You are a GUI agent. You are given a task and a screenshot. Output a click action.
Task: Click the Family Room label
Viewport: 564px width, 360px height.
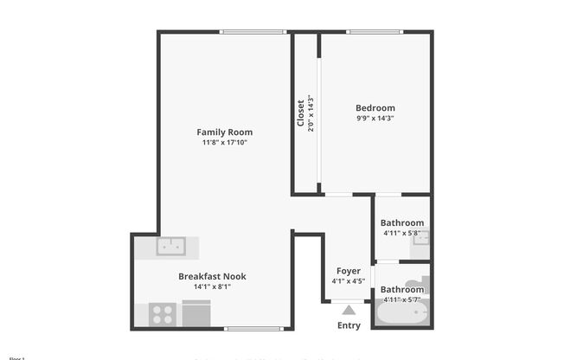tap(224, 132)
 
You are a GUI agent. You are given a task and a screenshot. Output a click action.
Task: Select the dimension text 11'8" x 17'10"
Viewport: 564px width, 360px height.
tap(224, 143)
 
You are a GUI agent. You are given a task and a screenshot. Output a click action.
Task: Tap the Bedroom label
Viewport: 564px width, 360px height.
tap(375, 107)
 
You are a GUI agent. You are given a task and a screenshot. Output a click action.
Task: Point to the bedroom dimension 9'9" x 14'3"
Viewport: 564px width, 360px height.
tap(375, 118)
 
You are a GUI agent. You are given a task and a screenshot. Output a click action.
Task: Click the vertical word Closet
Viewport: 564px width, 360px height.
tap(300, 112)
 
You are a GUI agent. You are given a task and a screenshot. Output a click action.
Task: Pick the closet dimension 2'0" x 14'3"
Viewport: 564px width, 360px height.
tap(310, 112)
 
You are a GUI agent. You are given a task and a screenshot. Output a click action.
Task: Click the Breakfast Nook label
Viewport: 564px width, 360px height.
tap(212, 276)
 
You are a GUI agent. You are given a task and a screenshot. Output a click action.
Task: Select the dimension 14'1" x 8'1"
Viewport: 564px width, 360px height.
tap(212, 286)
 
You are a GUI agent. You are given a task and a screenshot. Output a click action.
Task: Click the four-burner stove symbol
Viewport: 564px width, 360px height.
tap(162, 313)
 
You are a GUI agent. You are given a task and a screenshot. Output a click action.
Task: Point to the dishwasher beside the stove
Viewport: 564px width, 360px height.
tap(196, 312)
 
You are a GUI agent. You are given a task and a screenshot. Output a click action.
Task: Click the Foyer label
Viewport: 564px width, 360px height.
tap(348, 271)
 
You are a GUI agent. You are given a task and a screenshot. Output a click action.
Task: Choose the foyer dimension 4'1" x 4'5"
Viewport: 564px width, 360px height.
tap(348, 281)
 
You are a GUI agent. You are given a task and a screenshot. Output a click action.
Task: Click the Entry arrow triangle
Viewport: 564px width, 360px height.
tap(348, 310)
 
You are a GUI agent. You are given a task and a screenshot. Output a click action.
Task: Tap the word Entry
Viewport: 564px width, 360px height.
tap(349, 325)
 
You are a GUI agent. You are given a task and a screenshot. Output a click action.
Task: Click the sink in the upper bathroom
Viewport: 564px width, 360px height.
tap(420, 239)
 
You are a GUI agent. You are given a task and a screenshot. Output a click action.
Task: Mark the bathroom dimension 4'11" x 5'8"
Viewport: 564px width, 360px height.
tap(402, 233)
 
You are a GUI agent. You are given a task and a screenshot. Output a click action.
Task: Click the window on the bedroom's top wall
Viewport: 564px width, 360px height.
tap(375, 33)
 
